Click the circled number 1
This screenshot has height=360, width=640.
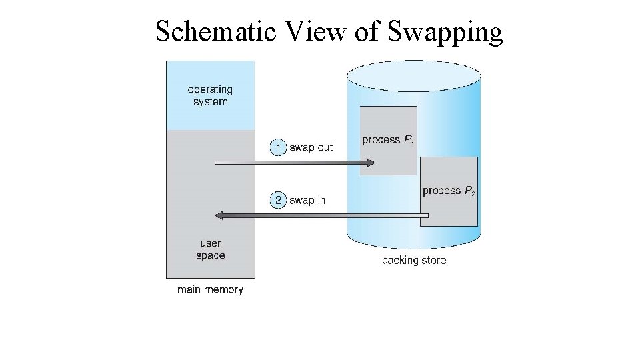point(278,147)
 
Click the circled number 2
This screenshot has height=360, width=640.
point(278,200)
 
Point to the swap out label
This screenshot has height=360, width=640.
point(311,147)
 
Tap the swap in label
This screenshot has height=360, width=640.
point(307,200)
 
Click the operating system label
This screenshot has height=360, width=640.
point(210,95)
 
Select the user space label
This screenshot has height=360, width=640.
point(211,249)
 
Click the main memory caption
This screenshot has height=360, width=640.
point(210,290)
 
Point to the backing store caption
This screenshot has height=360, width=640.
point(413,261)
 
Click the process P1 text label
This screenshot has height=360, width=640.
point(387,140)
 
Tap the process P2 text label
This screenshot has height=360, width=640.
point(449,191)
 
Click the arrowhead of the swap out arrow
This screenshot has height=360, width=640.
point(371,162)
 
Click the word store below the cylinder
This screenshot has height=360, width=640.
point(432,261)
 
